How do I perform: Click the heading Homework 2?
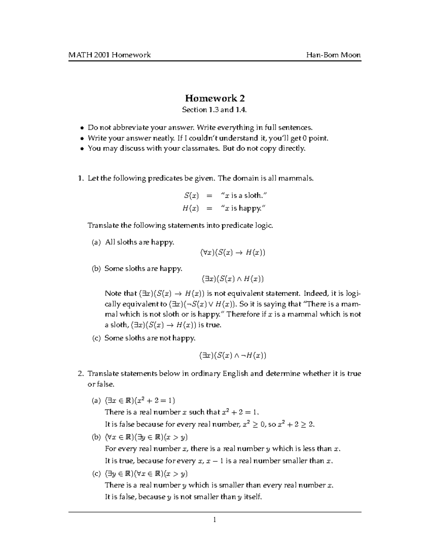(x=215, y=98)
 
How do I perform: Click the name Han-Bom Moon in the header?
(x=333, y=55)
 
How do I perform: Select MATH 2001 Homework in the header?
(x=110, y=55)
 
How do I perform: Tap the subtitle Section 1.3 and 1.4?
(x=215, y=110)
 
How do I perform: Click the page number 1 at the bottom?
(x=214, y=520)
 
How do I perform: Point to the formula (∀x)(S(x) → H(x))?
(x=233, y=253)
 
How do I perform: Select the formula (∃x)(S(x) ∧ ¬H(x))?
(x=233, y=356)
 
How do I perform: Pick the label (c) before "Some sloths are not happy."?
(x=96, y=338)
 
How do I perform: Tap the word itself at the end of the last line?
(x=253, y=497)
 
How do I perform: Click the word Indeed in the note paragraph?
(x=316, y=294)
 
